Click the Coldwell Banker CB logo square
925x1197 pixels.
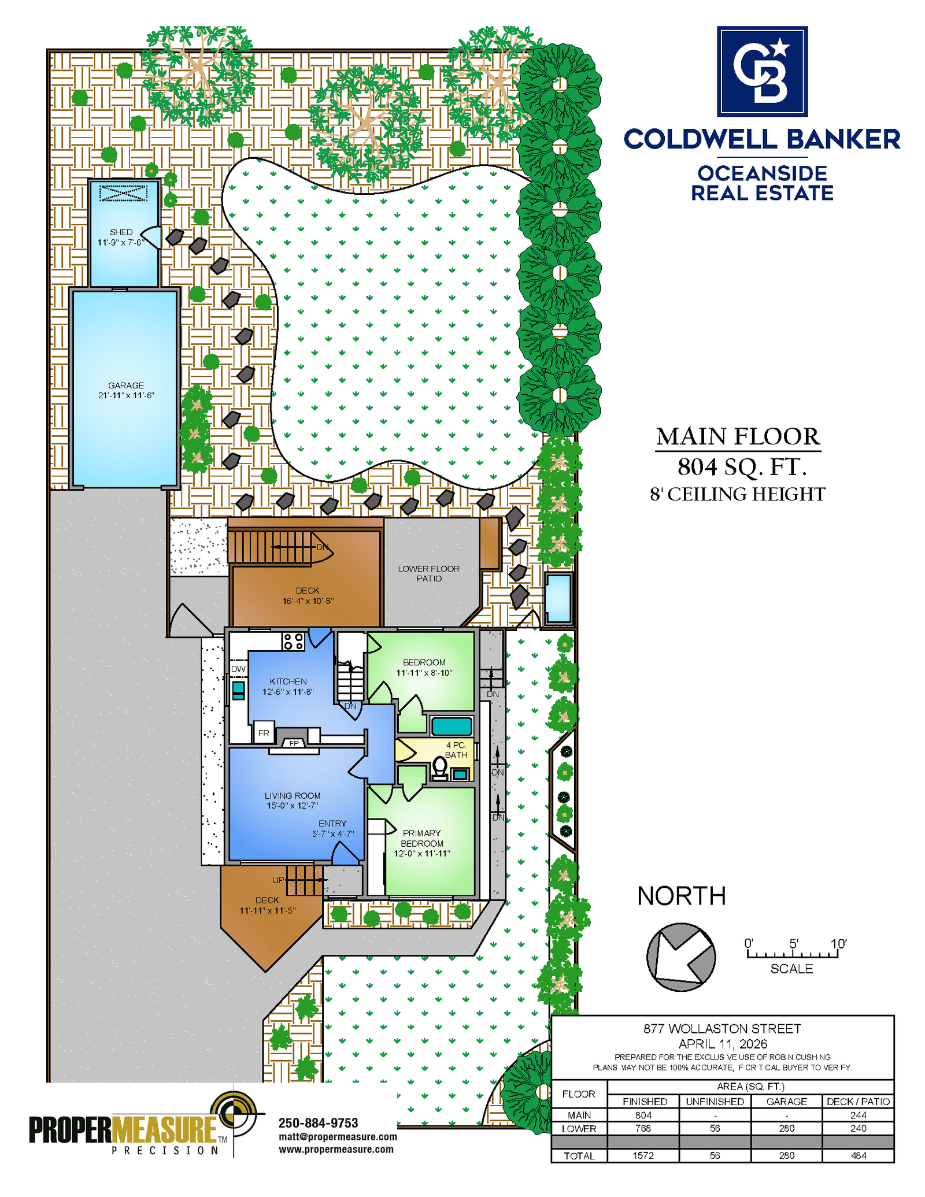point(762,71)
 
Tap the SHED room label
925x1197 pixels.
point(121,232)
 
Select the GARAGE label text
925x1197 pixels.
point(126,386)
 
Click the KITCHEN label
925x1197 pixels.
point(288,681)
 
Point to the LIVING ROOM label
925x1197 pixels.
point(293,796)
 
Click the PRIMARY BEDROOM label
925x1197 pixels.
point(422,838)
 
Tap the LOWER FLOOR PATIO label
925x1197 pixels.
point(429,573)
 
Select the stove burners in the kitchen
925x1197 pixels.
point(294,641)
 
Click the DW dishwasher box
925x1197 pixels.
point(238,669)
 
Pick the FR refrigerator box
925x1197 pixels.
point(264,733)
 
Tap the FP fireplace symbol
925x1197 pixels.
point(294,743)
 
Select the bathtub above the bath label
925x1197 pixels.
point(452,726)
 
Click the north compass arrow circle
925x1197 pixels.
point(681,957)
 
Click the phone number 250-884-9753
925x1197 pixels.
point(319,1122)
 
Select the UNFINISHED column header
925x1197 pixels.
point(715,1101)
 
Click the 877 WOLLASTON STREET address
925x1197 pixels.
point(722,1029)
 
